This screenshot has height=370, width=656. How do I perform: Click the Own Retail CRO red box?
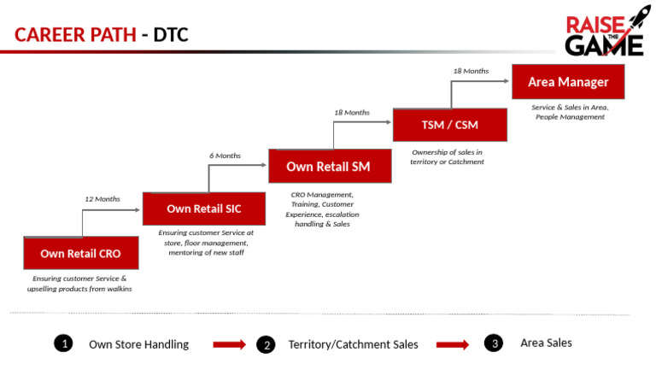pos(80,253)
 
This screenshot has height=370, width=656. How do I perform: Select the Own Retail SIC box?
pos(203,208)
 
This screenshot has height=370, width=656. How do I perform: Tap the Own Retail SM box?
pos(329,166)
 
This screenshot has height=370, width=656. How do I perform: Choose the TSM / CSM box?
pos(449,125)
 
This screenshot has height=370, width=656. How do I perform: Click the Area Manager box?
pos(568,82)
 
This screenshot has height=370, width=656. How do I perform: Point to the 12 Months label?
pos(102,199)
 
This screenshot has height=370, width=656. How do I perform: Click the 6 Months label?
pos(225,156)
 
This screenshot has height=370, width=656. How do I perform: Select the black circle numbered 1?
pos(62,344)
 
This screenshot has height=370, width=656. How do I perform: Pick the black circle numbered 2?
pos(266,344)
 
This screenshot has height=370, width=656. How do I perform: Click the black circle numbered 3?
pos(493,344)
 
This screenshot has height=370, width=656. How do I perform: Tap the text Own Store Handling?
pos(138,344)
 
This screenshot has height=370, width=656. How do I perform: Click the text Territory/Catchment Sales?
pos(353,344)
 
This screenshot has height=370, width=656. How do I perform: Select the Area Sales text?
pos(546,343)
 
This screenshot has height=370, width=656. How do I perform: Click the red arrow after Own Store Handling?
pos(229,344)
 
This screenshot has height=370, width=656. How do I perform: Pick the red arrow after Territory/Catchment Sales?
pos(453,344)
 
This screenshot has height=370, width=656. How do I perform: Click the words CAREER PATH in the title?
pos(75,35)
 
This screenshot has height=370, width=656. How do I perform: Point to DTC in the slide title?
pos(171,35)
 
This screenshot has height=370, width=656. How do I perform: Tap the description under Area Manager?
pos(570,112)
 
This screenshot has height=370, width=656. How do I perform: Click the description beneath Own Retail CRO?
pos(79,284)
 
